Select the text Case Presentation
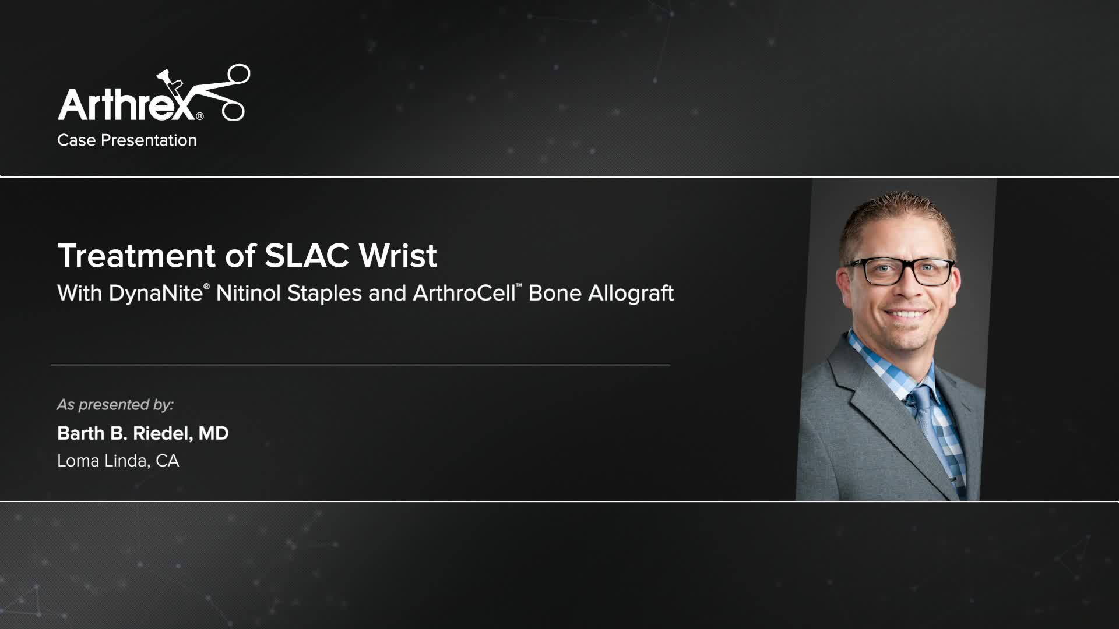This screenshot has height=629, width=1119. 127,140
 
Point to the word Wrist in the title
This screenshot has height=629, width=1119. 398,256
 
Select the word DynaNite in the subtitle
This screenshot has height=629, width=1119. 155,293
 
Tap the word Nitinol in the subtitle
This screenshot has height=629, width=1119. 248,293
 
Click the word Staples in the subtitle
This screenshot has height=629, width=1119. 325,293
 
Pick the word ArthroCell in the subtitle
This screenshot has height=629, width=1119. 464,293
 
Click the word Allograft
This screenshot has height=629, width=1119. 631,293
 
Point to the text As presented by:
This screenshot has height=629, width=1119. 115,405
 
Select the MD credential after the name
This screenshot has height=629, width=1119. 213,434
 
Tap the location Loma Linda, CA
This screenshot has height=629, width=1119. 118,461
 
